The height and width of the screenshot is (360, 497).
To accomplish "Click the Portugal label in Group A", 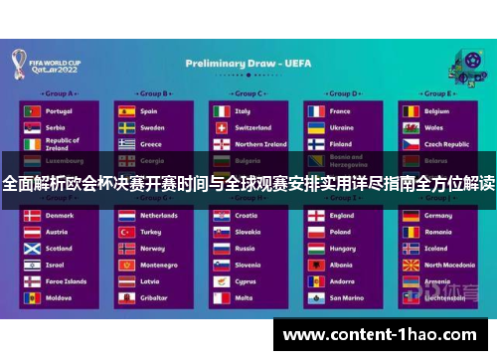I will [x=60, y=111].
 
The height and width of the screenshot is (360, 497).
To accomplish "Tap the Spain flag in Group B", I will [x=126, y=111].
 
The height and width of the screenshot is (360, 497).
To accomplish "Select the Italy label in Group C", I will [x=243, y=111].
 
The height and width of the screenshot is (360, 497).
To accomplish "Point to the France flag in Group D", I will [x=315, y=111].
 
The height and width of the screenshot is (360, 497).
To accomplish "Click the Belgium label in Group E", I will [x=438, y=111].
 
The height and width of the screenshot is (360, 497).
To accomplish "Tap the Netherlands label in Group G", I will [x=159, y=215].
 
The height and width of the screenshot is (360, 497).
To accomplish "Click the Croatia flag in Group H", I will [x=221, y=215].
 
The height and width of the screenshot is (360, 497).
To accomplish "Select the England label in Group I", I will [x=342, y=215].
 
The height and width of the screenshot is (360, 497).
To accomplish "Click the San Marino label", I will [x=347, y=297].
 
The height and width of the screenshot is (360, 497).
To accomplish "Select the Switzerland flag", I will [x=221, y=127].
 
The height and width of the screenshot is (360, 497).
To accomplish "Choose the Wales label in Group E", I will [x=434, y=127].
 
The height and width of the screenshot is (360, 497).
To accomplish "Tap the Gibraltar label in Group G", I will [x=153, y=297].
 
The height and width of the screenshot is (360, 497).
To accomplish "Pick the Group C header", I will [x=248, y=94].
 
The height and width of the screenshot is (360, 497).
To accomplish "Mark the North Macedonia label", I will [x=450, y=265].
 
